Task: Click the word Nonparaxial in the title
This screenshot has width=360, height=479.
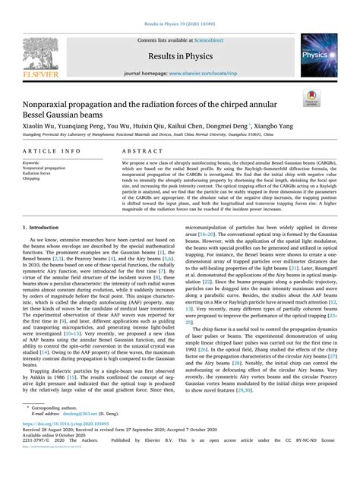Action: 58,96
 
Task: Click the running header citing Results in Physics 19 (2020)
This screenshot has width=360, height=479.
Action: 180,14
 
